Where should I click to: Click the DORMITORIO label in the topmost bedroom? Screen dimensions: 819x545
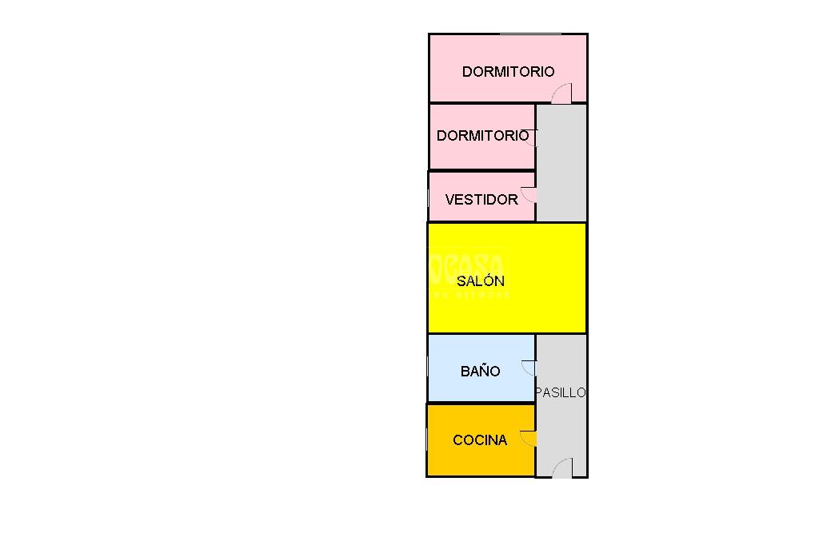click(508, 72)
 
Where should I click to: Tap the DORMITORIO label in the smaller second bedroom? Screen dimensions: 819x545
click(482, 136)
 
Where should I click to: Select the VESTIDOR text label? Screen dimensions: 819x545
click(481, 200)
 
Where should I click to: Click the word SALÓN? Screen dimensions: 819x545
click(481, 281)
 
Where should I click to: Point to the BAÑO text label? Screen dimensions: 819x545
click(481, 372)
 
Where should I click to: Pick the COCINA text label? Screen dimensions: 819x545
click(480, 440)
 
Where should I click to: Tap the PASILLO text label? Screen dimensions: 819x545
click(561, 393)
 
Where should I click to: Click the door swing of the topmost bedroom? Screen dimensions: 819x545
click(562, 94)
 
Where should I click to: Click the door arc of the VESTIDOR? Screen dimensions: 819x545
click(528, 194)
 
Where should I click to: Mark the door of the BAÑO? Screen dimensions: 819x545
click(528, 368)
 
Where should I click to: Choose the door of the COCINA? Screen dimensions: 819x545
click(528, 438)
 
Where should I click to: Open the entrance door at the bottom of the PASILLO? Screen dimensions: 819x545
click(562, 469)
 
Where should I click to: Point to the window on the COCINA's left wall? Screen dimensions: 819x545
click(427, 440)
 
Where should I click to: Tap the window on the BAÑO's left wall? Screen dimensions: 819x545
click(428, 368)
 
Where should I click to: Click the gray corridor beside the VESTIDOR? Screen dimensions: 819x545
click(561, 192)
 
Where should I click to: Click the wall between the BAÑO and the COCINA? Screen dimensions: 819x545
click(481, 403)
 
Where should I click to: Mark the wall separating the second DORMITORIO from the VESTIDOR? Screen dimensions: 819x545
click(481, 170)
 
